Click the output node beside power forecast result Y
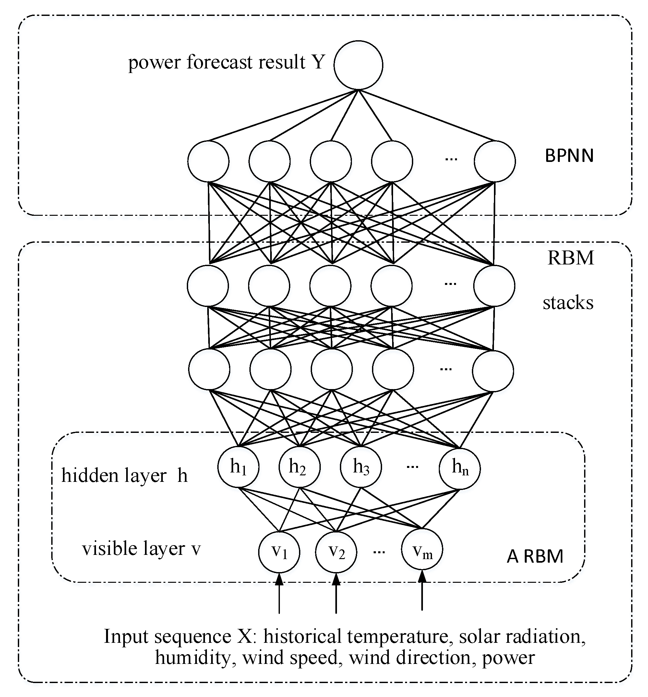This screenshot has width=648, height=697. click(358, 65)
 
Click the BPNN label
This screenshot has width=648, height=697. click(569, 156)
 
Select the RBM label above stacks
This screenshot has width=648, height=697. click(570, 258)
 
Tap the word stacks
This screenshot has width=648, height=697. click(568, 302)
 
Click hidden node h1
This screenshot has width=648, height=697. click(238, 467)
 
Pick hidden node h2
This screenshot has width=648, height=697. click(299, 467)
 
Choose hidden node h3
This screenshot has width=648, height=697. click(361, 467)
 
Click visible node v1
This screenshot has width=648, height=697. click(279, 552)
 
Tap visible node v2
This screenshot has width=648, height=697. click(336, 552)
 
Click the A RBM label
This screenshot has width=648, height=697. click(535, 556)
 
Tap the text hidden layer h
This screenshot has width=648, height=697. click(125, 476)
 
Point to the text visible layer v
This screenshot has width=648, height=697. click(141, 549)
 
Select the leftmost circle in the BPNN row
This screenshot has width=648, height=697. click(208, 162)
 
